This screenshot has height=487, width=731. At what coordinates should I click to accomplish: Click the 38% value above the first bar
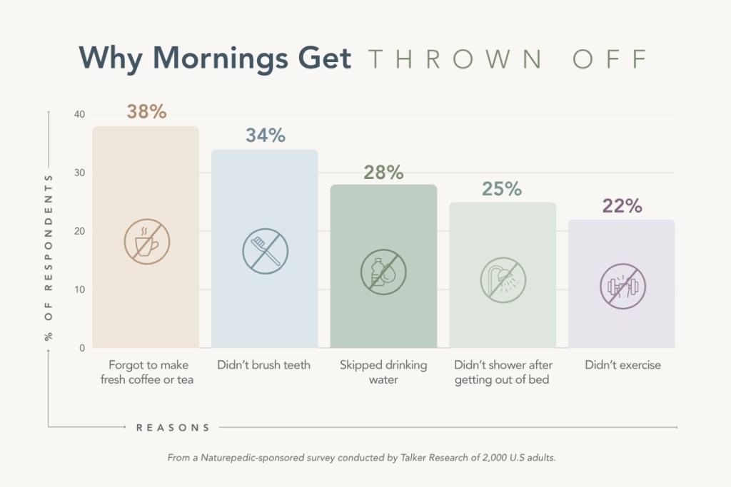tap(146, 112)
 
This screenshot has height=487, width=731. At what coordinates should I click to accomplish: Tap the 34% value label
tap(266, 135)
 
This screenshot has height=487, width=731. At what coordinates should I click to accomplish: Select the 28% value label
tap(383, 172)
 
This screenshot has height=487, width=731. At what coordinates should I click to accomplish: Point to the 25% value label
tap(503, 189)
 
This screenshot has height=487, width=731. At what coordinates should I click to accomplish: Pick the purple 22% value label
tap(622, 206)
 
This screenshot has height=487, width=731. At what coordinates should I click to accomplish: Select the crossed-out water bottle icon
tap(383, 272)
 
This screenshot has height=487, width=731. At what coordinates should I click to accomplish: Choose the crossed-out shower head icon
tap(503, 280)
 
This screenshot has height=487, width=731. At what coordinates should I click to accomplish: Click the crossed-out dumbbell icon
tap(622, 287)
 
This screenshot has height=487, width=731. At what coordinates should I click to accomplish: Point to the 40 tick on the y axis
tap(79, 115)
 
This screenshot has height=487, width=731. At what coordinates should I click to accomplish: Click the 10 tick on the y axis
tap(79, 289)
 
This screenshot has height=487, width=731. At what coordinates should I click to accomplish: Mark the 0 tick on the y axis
tap(81, 348)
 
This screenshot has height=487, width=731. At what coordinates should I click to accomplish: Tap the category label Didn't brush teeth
tap(264, 365)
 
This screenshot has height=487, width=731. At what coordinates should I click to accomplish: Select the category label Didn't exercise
tap(622, 365)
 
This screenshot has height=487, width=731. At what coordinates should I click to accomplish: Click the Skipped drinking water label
tap(383, 372)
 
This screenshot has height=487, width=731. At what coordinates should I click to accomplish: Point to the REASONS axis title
tap(173, 428)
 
